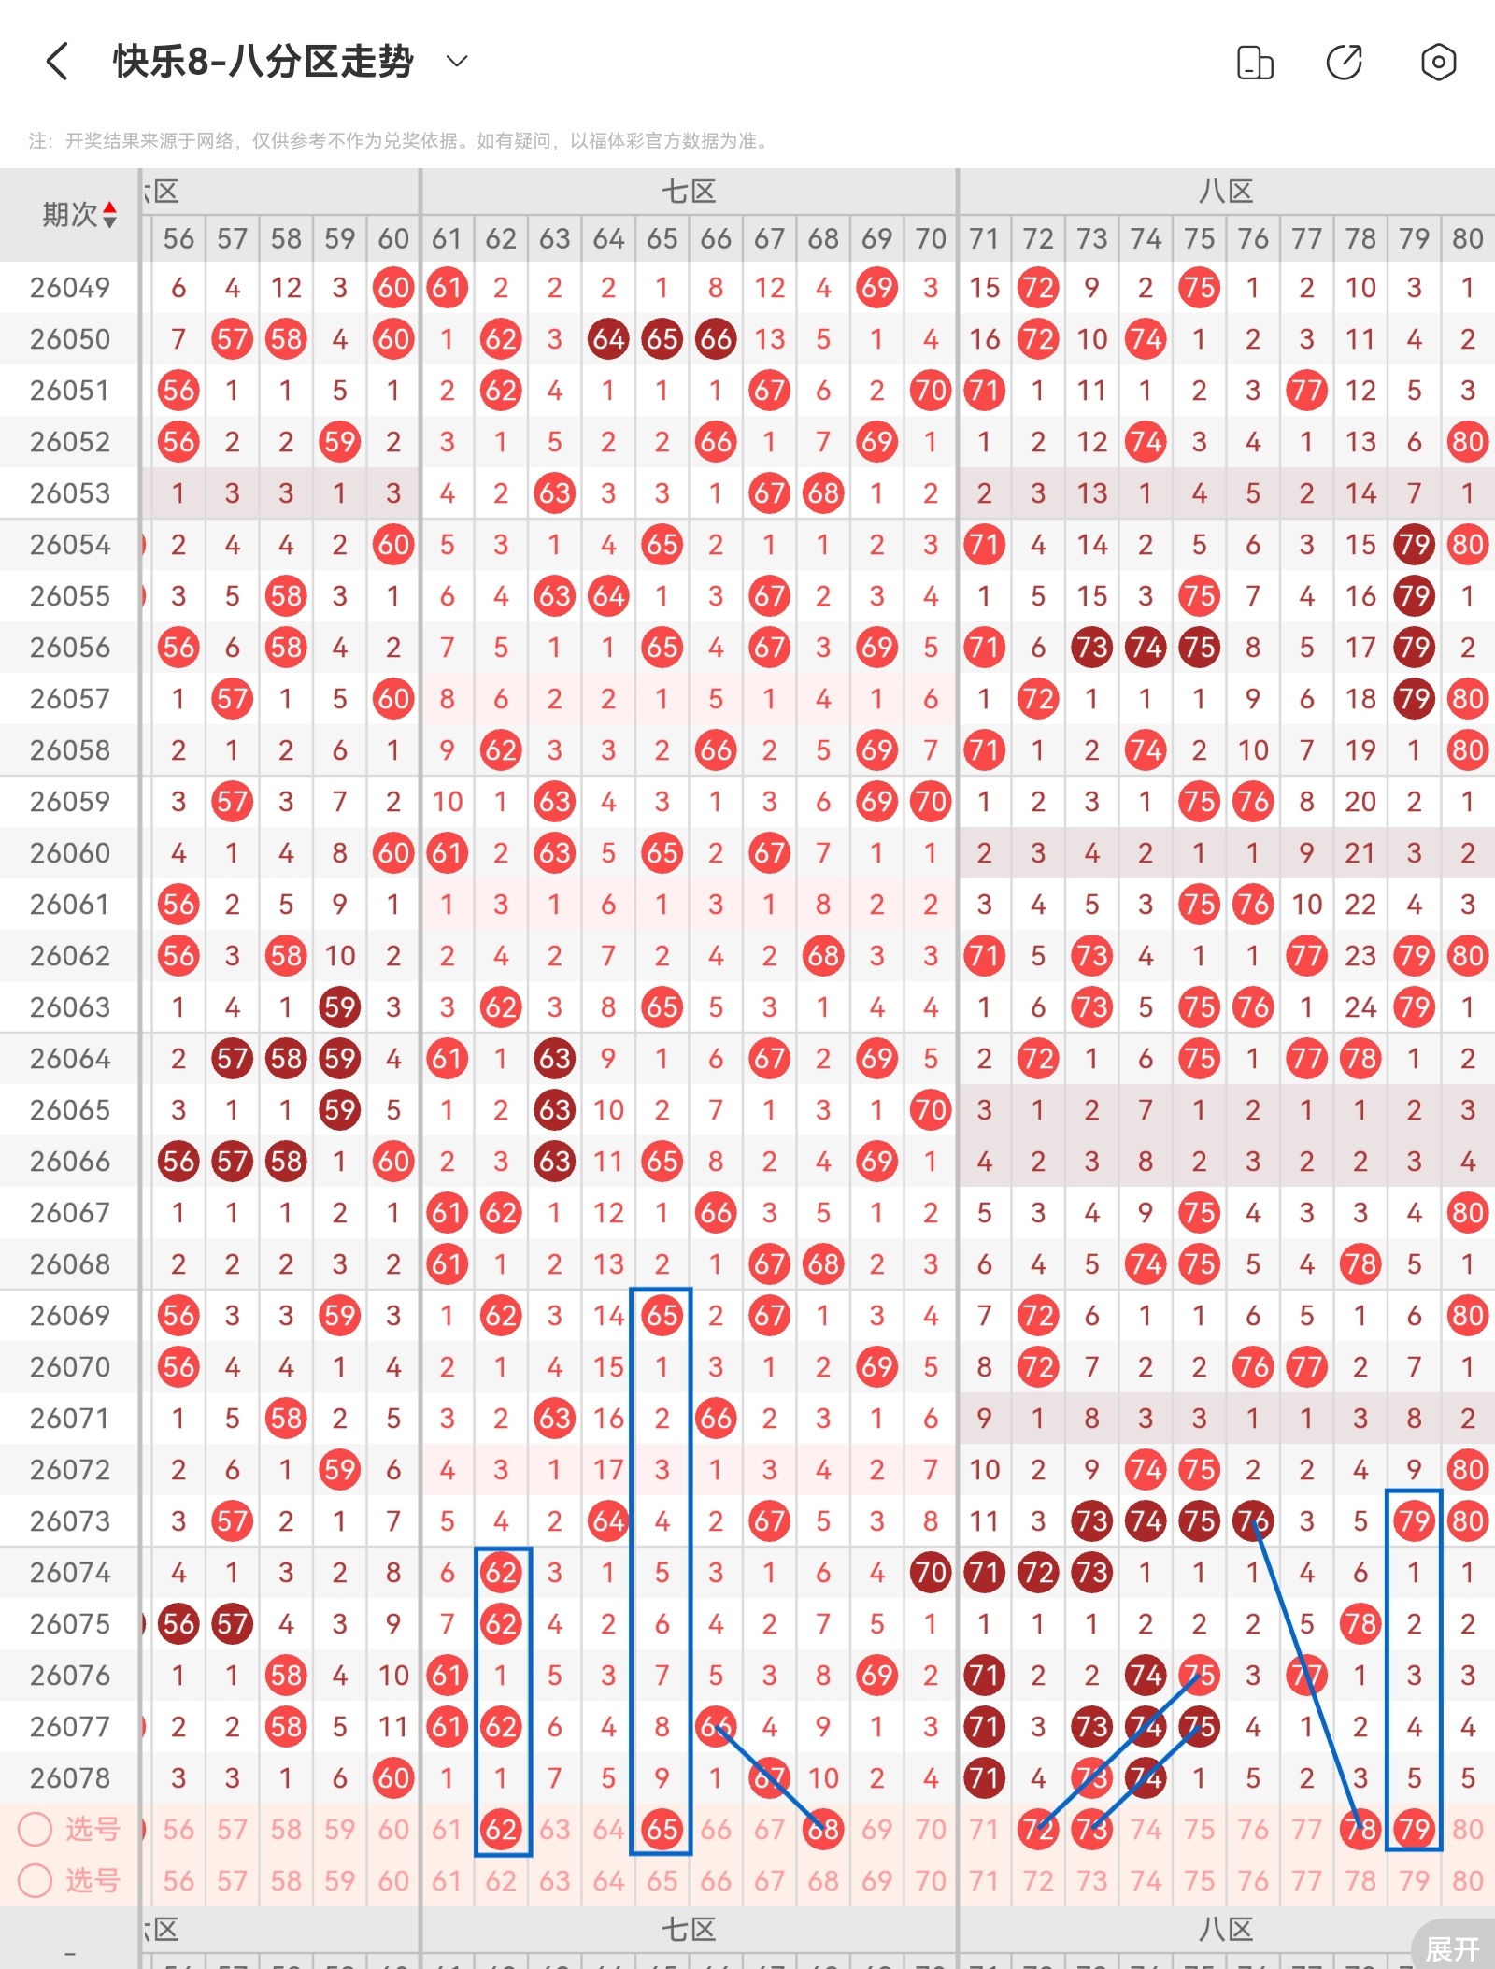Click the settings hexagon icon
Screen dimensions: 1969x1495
[x=1438, y=63]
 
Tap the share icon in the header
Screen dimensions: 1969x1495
[x=1345, y=63]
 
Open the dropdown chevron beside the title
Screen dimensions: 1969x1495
[x=457, y=62]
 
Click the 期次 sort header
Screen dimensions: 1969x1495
[x=78, y=215]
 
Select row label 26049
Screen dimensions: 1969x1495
[x=70, y=288]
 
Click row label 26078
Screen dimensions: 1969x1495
[x=70, y=1778]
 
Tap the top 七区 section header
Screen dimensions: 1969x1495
[x=689, y=193]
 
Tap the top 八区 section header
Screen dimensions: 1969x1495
[x=1226, y=193]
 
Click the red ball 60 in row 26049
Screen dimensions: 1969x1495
[x=393, y=288]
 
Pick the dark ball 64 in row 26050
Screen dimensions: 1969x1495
[x=608, y=339]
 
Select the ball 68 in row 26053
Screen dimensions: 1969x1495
[x=823, y=493]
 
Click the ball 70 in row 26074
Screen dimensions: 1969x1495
[x=931, y=1573]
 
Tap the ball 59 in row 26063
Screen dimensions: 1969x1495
[x=340, y=1007]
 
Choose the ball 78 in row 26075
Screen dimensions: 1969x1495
[x=1360, y=1624]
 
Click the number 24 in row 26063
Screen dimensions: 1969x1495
[x=1360, y=1007]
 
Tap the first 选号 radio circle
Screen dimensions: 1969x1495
[x=36, y=1829]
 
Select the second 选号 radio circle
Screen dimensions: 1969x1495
[x=36, y=1880]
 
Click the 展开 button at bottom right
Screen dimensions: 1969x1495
[x=1453, y=1948]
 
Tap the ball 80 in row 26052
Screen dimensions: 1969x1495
[x=1467, y=442]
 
